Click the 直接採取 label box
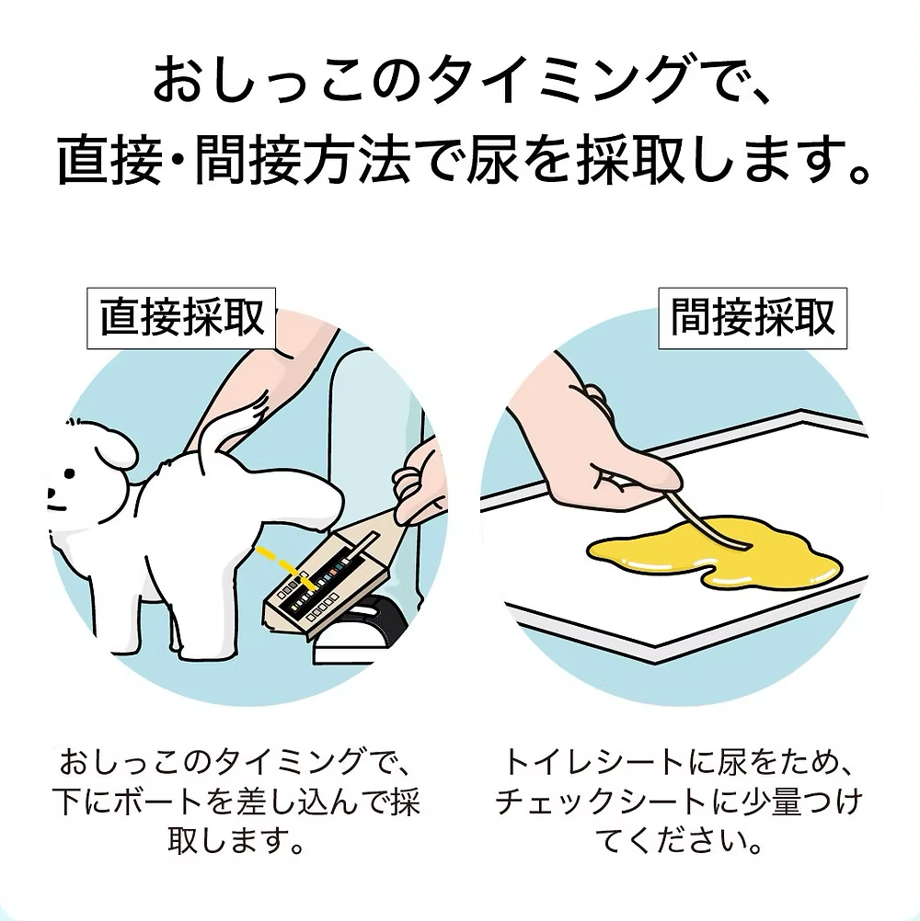pyautogui.click(x=181, y=318)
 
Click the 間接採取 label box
pyautogui.click(x=753, y=318)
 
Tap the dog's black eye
pyautogui.click(x=71, y=473)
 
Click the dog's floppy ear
pyautogui.click(x=117, y=446)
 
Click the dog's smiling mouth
pyautogui.click(x=56, y=506)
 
